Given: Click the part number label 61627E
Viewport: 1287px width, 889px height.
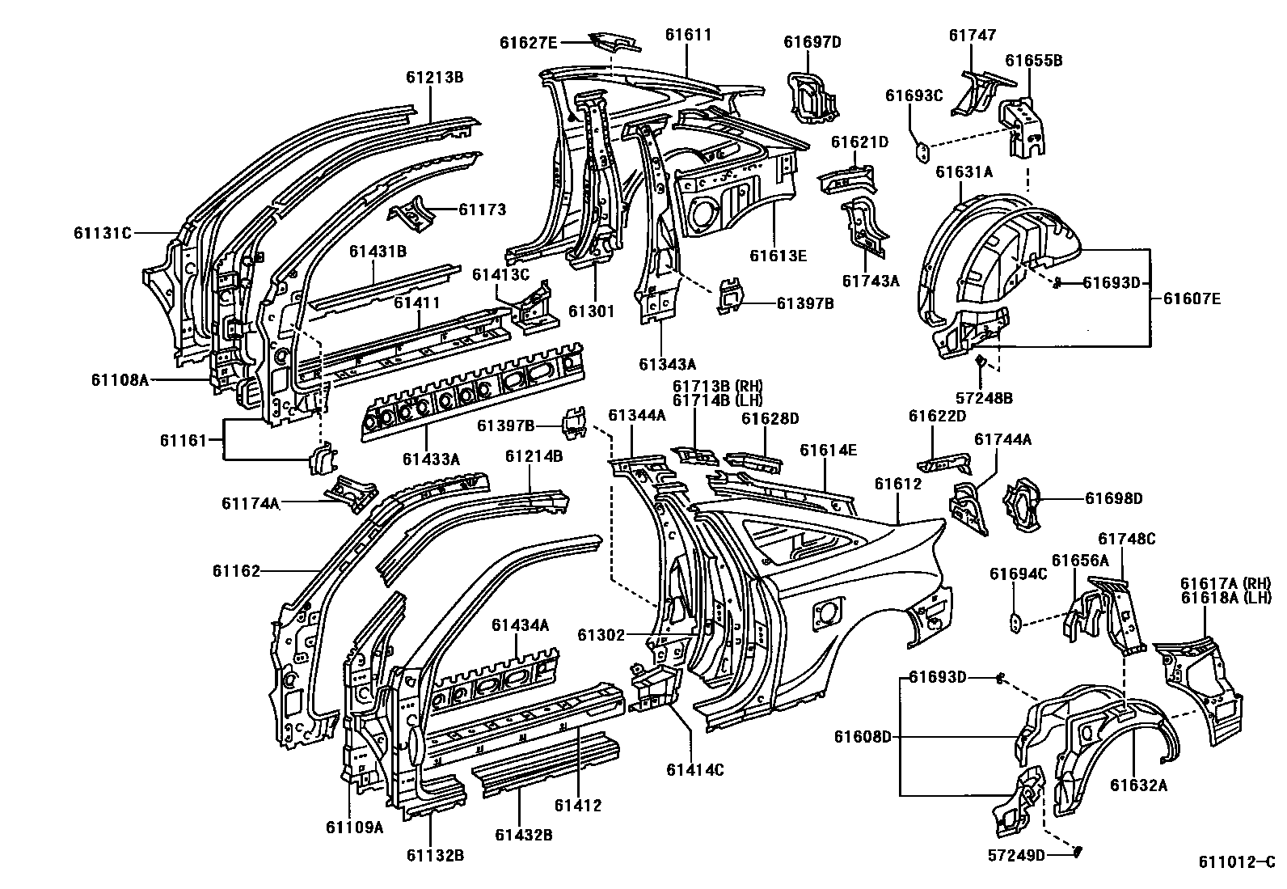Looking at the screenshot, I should click(x=529, y=44).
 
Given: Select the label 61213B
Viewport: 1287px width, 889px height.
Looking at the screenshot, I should click(x=434, y=78).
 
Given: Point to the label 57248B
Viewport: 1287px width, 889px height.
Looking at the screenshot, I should click(x=983, y=398).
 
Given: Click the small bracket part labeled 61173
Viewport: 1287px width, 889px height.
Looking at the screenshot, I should click(x=412, y=213).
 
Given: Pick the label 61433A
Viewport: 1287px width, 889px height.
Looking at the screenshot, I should click(x=431, y=459).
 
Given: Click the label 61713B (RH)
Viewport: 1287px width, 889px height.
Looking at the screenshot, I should click(x=717, y=386).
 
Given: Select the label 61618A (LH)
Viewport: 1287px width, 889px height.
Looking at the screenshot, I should click(x=1226, y=598).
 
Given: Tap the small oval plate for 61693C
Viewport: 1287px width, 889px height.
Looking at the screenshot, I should click(x=920, y=150).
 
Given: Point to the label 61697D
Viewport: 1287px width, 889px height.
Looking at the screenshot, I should click(x=812, y=42).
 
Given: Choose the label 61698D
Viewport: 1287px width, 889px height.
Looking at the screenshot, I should click(x=1113, y=498).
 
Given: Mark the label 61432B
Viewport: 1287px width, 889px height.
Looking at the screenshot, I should click(x=523, y=834).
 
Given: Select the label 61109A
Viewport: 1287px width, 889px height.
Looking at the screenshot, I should click(x=354, y=827).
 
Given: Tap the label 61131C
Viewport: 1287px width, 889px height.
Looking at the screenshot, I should click(x=102, y=233).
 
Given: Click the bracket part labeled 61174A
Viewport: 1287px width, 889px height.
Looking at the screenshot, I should click(x=351, y=493).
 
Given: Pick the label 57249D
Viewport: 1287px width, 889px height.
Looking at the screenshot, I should click(x=1016, y=855).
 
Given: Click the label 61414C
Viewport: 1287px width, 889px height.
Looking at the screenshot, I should click(x=695, y=769).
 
